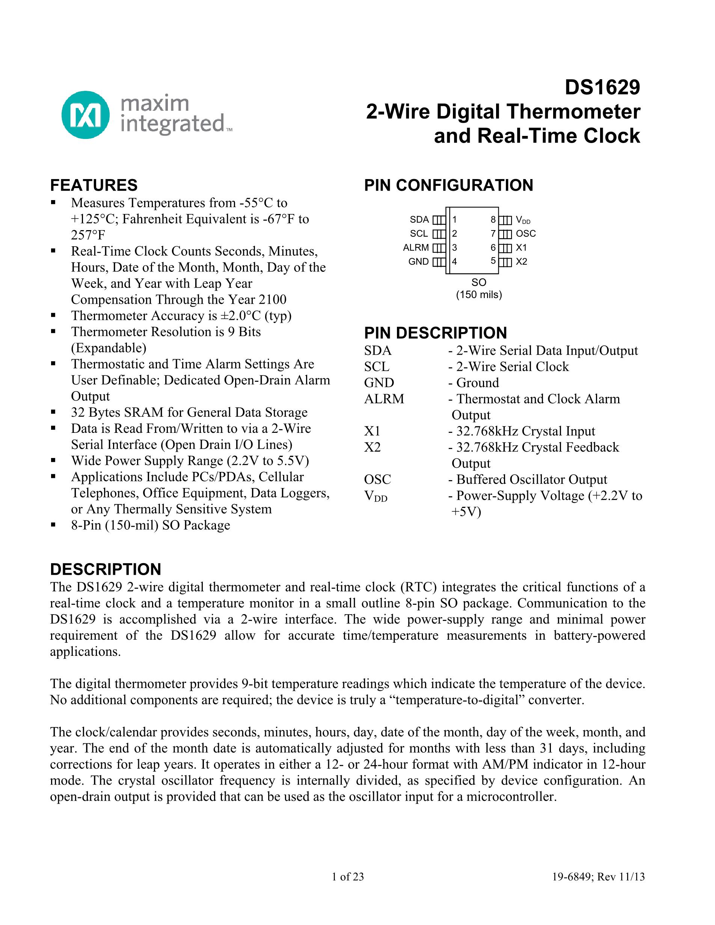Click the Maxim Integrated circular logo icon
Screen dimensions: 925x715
tap(85, 114)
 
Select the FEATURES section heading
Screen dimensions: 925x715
tap(94, 185)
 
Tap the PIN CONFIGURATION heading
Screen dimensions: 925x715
tap(448, 185)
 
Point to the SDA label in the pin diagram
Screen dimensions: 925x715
tap(419, 219)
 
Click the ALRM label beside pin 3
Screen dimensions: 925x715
tap(416, 247)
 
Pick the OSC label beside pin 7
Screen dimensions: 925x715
tap(526, 234)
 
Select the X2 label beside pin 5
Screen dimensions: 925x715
tap(522, 261)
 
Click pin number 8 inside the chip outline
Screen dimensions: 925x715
tap(493, 219)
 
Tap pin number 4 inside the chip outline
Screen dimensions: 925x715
tap(454, 261)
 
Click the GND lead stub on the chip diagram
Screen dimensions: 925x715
tap(439, 262)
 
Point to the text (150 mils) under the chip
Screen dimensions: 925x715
tap(479, 294)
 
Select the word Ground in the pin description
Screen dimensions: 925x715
tap(477, 383)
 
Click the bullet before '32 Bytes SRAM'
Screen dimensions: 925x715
tap(53, 412)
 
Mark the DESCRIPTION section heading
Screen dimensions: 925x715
tap(106, 569)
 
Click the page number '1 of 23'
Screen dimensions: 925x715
tap(348, 877)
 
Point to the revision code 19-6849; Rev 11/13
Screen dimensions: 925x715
tap(598, 877)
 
